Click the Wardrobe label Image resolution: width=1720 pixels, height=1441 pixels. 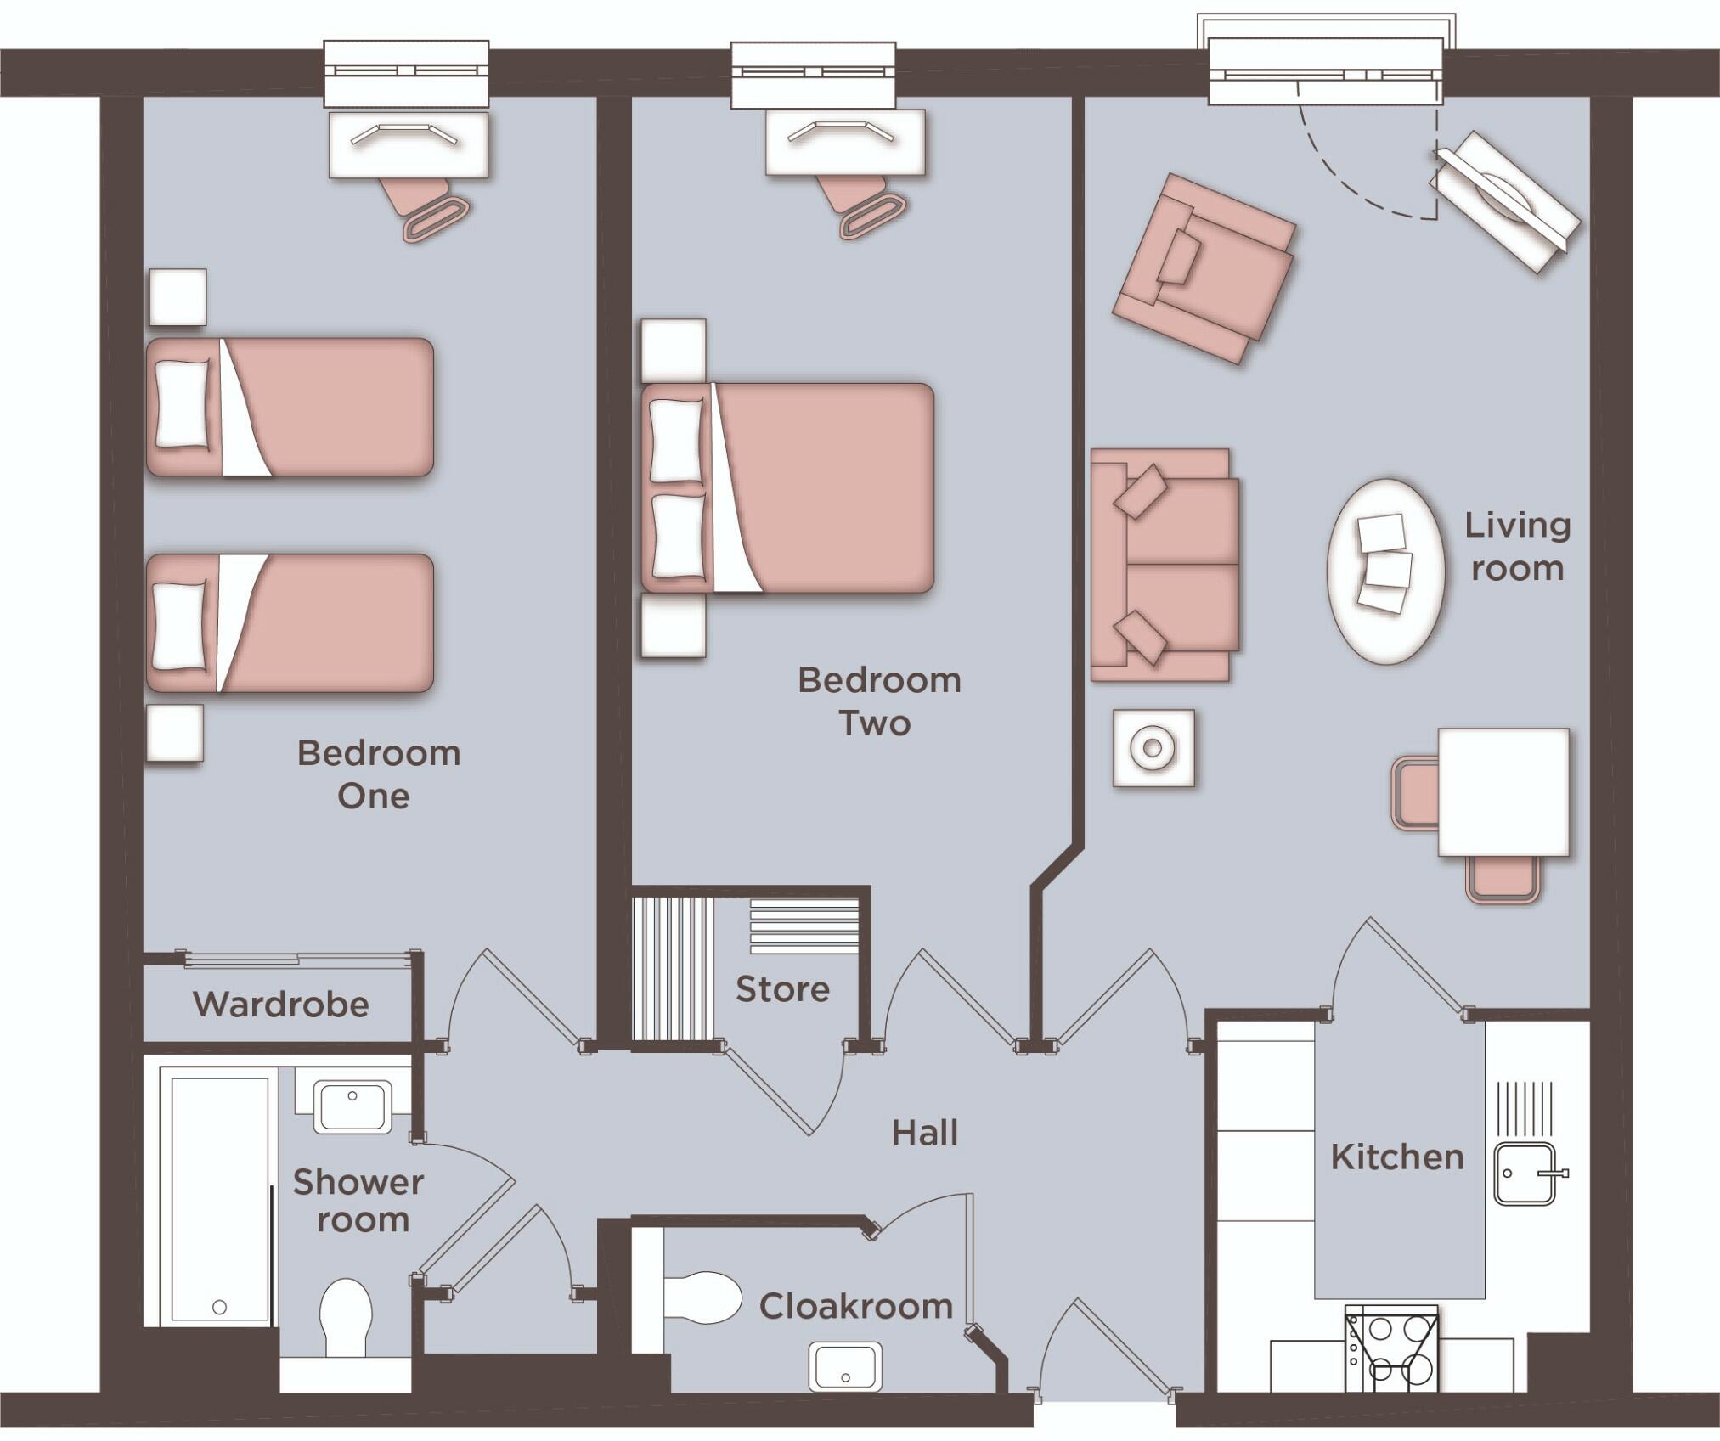(281, 1005)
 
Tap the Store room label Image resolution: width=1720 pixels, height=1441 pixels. (782, 989)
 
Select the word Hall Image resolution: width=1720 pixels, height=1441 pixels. (925, 1133)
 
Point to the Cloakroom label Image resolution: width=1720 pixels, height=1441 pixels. (856, 1307)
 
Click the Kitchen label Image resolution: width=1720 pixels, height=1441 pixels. (1397, 1157)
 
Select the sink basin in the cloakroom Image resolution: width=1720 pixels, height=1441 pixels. (844, 1366)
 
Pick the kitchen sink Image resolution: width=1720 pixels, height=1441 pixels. (1525, 1173)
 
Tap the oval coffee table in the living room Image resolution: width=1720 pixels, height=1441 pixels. (1385, 571)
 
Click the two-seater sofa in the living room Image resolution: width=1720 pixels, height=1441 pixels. (1163, 565)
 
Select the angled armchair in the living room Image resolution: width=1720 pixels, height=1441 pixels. (1204, 267)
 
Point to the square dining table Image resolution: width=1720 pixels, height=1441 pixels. (1503, 791)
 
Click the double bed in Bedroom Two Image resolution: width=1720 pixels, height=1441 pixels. (787, 488)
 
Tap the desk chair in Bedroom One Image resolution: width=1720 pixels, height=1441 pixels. (429, 208)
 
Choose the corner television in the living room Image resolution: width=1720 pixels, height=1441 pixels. (1505, 201)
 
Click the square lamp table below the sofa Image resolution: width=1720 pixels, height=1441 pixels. (1153, 748)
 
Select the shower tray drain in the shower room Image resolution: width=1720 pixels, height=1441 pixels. (220, 1307)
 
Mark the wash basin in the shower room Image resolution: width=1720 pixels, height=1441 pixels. (352, 1106)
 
